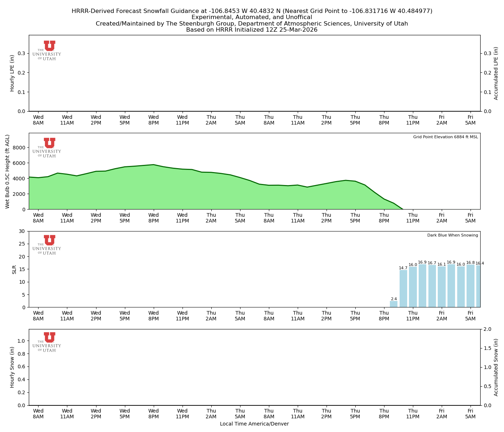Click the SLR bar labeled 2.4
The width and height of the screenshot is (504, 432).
click(393, 304)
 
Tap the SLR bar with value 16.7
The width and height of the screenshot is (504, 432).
click(432, 286)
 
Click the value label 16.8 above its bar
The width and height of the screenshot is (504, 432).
click(471, 263)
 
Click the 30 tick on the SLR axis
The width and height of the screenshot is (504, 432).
click(23, 231)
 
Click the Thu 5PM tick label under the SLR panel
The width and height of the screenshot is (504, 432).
click(355, 316)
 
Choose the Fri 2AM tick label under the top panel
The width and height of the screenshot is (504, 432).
click(442, 120)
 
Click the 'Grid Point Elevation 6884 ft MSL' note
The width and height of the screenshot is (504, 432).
click(445, 137)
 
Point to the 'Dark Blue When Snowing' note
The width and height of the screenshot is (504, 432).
click(453, 235)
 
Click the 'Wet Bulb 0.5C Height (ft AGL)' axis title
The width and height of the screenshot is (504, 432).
click(8, 171)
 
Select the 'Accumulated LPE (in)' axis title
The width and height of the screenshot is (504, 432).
click(496, 73)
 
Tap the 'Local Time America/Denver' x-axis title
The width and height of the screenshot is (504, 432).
click(254, 424)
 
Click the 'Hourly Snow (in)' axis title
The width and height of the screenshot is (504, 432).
click(12, 367)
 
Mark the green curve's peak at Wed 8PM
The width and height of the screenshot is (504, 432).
click(154, 165)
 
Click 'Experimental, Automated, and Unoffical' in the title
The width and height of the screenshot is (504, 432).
click(252, 17)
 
